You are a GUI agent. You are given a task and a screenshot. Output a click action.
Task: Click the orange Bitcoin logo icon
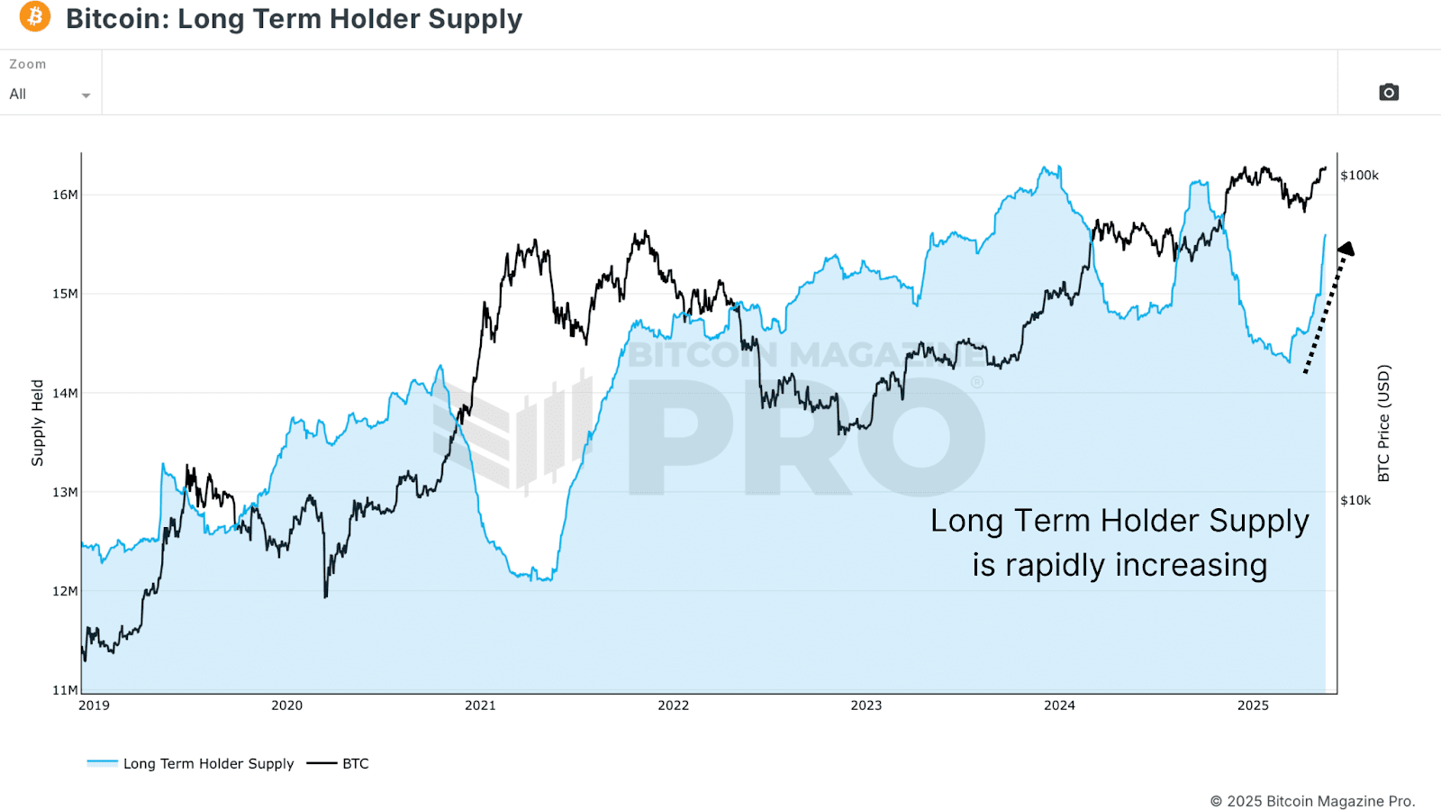click(35, 16)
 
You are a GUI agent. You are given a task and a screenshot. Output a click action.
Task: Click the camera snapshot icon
click(1389, 92)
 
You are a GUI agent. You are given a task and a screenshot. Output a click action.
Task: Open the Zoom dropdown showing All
click(50, 94)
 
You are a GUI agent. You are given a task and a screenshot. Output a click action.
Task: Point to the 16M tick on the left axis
click(65, 195)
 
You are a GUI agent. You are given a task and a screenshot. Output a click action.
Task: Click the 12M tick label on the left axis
click(65, 591)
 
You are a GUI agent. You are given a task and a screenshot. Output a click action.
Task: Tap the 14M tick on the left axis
click(65, 393)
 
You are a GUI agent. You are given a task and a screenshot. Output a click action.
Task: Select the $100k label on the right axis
click(1359, 175)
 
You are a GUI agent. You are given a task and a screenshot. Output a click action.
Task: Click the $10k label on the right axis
click(1355, 500)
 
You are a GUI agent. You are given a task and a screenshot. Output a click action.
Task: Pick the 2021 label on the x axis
click(480, 705)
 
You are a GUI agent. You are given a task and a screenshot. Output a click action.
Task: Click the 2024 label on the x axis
click(1059, 705)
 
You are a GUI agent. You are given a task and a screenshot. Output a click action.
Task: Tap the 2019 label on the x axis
click(94, 705)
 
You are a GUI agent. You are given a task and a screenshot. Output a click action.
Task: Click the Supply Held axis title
click(37, 423)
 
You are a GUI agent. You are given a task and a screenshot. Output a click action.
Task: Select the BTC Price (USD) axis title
click(1384, 423)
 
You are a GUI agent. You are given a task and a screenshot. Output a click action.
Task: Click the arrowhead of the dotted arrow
click(1346, 249)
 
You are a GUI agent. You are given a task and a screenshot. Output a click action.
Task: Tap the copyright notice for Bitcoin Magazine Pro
click(1312, 801)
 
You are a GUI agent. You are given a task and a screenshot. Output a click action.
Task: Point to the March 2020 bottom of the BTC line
click(325, 596)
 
